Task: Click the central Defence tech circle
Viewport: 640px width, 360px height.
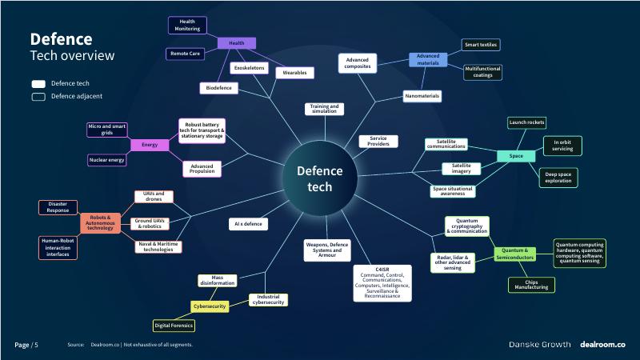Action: point(319,178)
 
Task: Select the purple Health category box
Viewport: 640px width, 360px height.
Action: point(236,43)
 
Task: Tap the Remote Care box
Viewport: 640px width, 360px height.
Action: point(184,54)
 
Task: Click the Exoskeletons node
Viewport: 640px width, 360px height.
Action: point(249,69)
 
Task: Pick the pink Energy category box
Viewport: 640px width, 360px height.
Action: point(150,145)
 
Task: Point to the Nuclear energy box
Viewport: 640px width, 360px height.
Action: point(106,161)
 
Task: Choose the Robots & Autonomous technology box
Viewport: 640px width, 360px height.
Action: point(100,223)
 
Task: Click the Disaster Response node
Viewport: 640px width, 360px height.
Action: point(58,207)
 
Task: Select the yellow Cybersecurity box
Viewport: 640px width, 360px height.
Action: point(210,306)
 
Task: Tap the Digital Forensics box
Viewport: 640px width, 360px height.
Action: point(174,325)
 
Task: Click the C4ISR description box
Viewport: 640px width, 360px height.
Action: point(382,282)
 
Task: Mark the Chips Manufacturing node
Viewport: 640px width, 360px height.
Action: point(531,284)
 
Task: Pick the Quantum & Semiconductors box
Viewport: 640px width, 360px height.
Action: point(514,255)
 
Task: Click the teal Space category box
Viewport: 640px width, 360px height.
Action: point(516,156)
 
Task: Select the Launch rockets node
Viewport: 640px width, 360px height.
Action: point(526,122)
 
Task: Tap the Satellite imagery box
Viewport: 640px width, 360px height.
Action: point(462,168)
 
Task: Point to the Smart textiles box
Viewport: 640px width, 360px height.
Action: point(482,45)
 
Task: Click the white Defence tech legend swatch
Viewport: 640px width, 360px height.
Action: point(38,83)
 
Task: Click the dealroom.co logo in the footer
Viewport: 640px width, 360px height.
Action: point(602,344)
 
